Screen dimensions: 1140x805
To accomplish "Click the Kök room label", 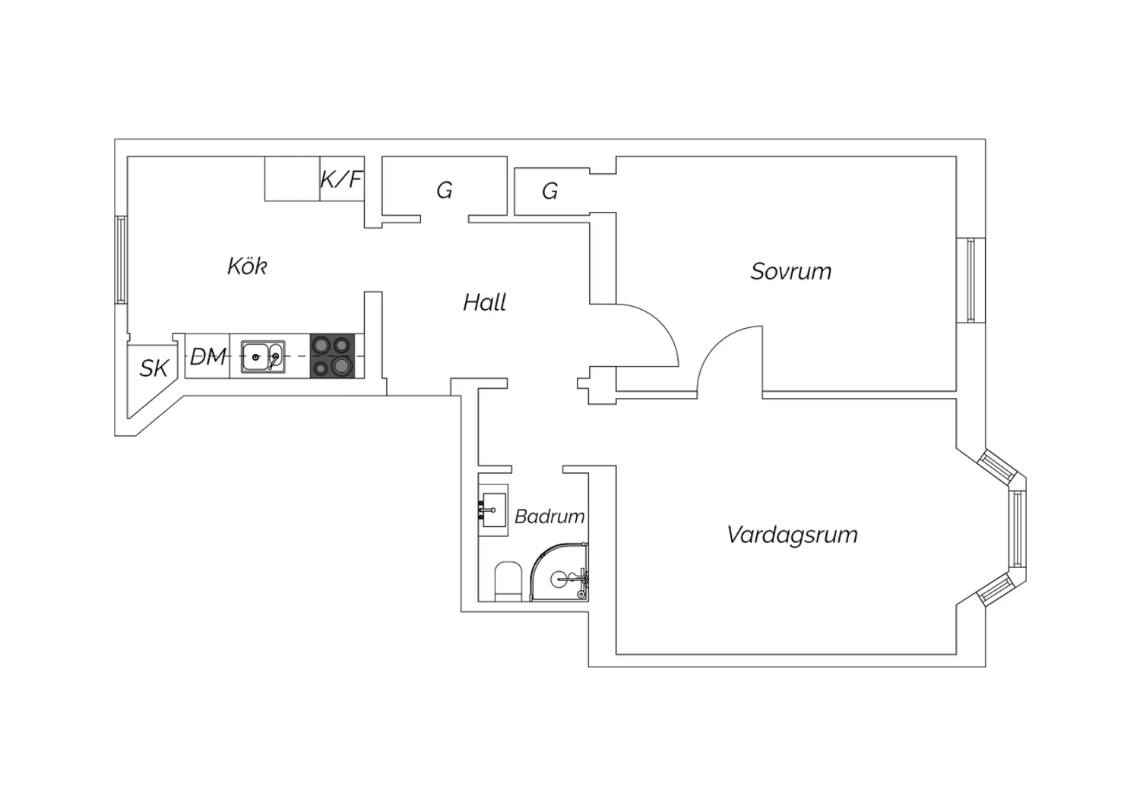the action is [x=247, y=266].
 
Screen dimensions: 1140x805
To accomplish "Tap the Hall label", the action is [x=484, y=302].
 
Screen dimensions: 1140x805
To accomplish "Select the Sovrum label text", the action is [x=791, y=271].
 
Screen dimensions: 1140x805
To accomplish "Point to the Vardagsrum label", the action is [x=793, y=535].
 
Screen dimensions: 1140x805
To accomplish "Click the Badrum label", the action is [x=549, y=516].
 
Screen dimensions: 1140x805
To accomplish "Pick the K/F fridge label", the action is [x=341, y=179].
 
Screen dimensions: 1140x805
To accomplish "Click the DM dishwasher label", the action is [x=207, y=356].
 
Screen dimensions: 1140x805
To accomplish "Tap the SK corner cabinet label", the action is [x=154, y=368].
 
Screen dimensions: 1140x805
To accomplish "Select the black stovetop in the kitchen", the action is [x=332, y=356].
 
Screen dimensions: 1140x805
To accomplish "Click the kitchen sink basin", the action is [x=263, y=356].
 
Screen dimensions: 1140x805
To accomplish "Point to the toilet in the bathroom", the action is [x=508, y=581].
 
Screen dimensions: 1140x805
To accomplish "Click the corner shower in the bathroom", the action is [x=559, y=573].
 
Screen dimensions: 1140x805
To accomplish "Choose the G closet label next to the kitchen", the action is [x=445, y=191].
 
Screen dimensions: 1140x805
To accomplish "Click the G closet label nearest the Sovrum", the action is [x=549, y=191].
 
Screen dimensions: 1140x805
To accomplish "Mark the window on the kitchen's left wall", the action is [x=121, y=260].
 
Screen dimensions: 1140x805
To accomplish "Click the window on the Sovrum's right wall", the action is [x=971, y=280].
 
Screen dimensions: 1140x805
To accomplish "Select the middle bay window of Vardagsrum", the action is [x=1018, y=529].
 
